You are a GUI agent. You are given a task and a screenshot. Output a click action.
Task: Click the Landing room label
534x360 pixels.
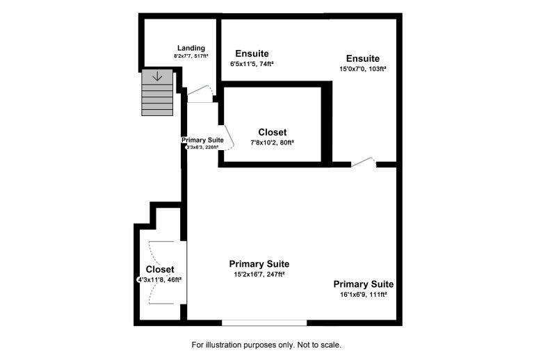tap(191, 48)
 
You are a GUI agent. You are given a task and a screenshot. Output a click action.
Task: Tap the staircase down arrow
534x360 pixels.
tap(157, 76)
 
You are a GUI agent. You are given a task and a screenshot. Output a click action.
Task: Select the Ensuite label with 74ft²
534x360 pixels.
tap(252, 54)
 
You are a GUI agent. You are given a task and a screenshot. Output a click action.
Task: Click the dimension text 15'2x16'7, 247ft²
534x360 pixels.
tap(259, 274)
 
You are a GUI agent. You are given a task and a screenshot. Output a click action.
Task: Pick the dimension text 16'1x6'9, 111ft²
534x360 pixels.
tap(363, 295)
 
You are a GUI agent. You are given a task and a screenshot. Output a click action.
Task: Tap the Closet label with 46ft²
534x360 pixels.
tap(160, 269)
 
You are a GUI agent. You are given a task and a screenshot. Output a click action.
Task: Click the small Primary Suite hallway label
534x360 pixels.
tap(202, 140)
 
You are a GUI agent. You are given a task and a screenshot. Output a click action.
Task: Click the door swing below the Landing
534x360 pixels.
tap(200, 93)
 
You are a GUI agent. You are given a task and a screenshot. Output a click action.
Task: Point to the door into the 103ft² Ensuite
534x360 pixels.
tap(363, 163)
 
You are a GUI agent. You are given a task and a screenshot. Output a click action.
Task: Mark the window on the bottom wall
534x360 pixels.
tap(264, 322)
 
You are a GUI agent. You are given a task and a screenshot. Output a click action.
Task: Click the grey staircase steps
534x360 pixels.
tap(157, 94)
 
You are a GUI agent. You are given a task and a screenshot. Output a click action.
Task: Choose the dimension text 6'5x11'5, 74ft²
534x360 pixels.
tap(252, 64)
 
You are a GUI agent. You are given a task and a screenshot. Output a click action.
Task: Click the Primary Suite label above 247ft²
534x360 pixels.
tap(259, 264)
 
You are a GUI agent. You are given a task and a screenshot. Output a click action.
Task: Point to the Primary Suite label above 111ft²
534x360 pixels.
tap(363, 284)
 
